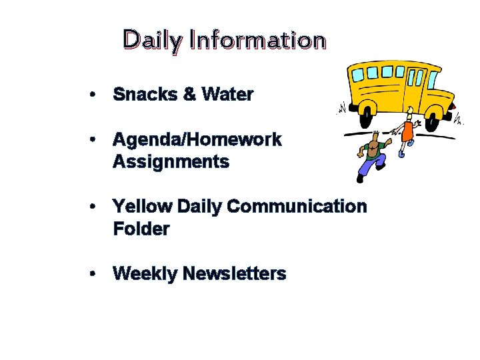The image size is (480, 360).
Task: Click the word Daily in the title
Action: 151,41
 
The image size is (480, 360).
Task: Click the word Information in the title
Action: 257,40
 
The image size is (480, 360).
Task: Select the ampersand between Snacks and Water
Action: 189,95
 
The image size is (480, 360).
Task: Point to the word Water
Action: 227,95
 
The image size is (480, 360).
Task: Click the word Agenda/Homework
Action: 197,140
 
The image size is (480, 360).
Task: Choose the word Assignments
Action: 171,162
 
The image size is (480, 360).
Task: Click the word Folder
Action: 141,229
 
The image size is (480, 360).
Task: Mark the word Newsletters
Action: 234,274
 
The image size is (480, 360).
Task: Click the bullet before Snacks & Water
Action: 96,95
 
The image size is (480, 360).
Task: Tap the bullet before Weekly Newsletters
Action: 96,274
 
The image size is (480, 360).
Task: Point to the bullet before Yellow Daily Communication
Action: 96,207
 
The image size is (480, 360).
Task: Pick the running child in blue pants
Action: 371,157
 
